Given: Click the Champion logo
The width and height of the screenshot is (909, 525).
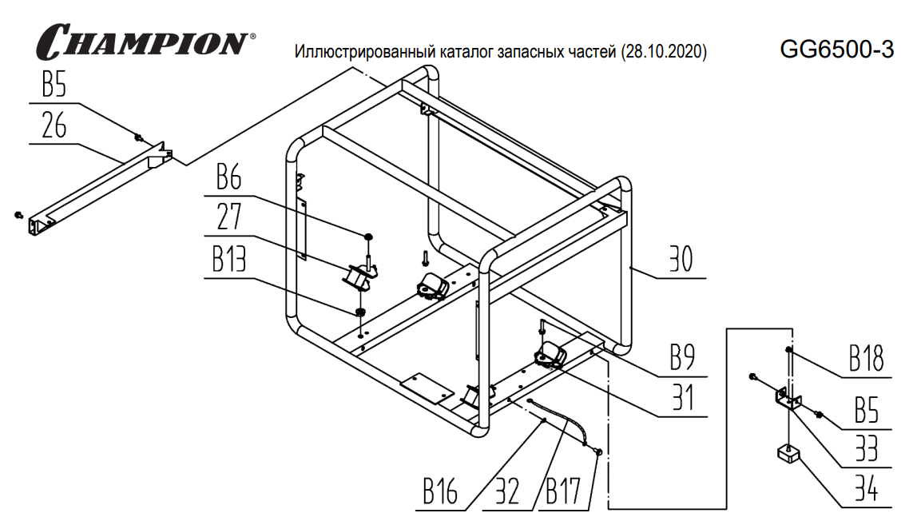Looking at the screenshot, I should coord(144,40).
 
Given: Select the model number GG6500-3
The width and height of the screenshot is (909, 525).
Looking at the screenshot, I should coord(836,51).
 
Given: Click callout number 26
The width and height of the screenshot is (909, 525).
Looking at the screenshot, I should coord(54,126).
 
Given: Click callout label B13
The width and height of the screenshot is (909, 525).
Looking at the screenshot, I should coord(236,260).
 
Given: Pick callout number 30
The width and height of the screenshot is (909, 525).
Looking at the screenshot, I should coord(681,261).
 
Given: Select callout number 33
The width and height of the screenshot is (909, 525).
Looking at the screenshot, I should coord(867,448).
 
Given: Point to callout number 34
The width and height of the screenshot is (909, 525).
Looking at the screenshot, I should coord(867,488).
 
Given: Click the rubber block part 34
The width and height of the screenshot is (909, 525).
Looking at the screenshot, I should coord(788,456).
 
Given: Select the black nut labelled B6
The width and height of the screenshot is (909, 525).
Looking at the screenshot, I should coord(367,237).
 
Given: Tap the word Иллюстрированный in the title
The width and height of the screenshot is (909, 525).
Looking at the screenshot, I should coord(365,54).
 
